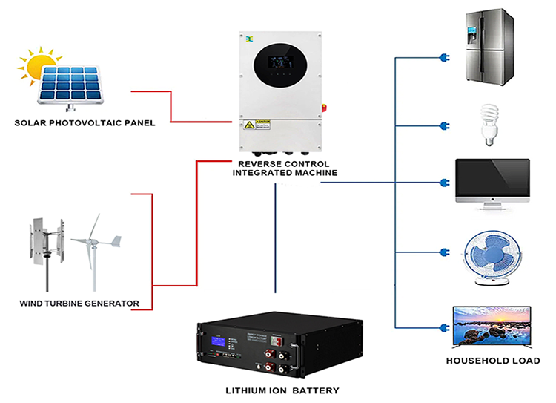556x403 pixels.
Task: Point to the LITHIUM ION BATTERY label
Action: [282, 390]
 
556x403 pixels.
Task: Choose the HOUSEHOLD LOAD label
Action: [492, 361]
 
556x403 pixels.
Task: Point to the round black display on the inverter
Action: [284, 66]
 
